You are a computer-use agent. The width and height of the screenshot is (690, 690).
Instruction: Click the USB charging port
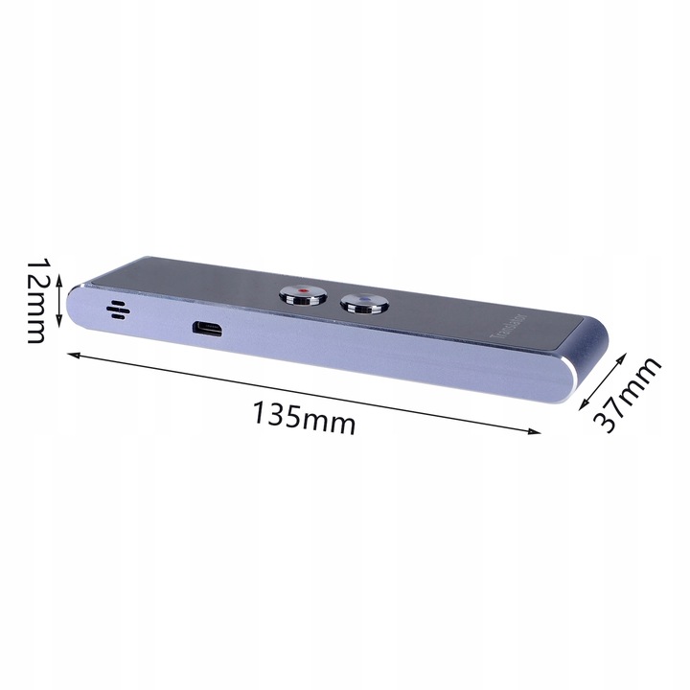(x=208, y=329)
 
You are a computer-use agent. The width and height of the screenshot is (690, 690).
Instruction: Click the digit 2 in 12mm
(x=38, y=281)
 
